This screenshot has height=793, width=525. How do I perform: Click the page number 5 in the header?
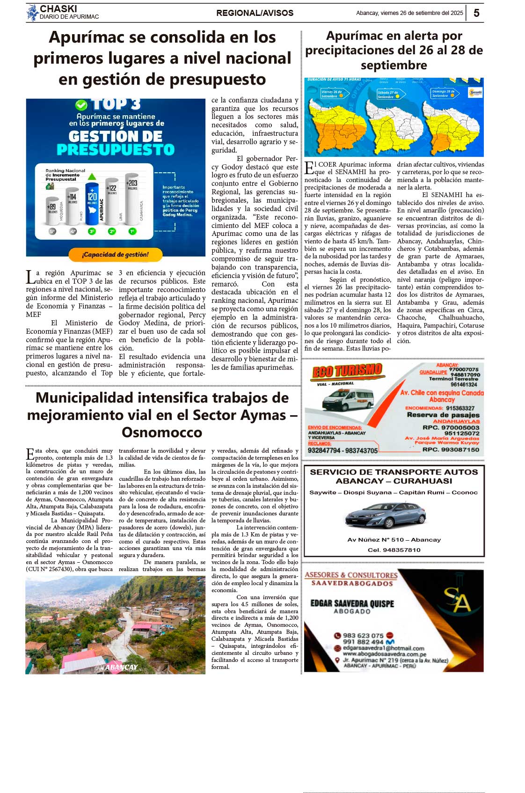point(476,13)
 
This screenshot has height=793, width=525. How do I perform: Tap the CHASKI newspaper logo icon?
point(32,13)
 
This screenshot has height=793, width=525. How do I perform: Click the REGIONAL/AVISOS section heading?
point(255,13)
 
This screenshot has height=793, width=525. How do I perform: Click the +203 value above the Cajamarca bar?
point(132,183)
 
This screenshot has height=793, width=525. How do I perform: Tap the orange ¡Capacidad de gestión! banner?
point(115,255)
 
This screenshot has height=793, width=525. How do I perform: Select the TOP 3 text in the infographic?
point(116,104)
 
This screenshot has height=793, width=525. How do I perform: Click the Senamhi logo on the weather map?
point(475,92)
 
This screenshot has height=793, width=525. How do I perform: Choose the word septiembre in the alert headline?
point(394,65)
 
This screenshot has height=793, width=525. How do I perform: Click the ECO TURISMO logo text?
point(347,371)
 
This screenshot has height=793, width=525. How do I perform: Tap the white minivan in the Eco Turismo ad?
point(348,399)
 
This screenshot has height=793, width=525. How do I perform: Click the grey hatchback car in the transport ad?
point(385,516)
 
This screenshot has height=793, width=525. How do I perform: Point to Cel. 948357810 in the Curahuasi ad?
point(394,550)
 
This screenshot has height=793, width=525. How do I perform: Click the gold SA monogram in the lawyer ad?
point(456,600)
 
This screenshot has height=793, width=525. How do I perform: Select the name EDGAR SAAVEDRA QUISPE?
point(352,603)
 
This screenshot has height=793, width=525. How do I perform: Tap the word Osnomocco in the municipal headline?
point(162,432)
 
